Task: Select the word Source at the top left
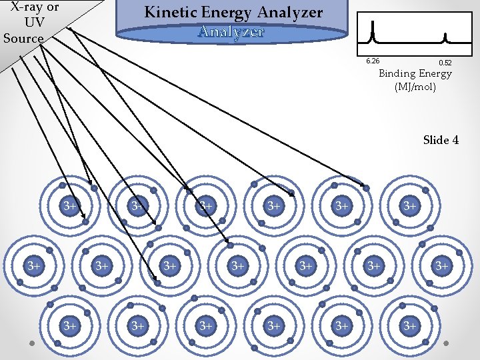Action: click(23, 37)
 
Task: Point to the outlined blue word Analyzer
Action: click(231, 31)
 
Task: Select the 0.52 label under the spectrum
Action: click(445, 63)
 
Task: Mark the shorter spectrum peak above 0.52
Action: click(445, 36)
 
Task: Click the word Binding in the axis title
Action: click(397, 74)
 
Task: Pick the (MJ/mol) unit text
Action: click(415, 87)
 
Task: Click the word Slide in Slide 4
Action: click(435, 140)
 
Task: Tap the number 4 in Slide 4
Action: click(455, 140)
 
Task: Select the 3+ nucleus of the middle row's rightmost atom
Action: click(442, 266)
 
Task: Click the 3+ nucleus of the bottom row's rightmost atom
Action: click(409, 325)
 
